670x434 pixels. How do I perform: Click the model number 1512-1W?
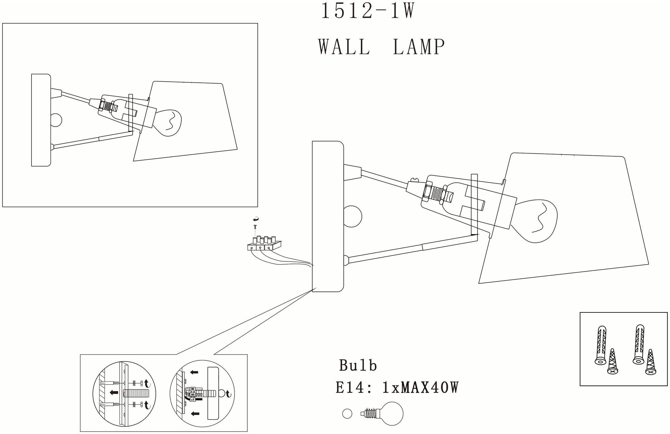pos(368,11)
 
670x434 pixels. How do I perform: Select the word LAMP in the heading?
pos(418,47)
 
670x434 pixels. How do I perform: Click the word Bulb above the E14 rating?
pos(358,365)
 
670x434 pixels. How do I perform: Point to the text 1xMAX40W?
pos(420,388)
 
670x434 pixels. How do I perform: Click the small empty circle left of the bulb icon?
pos(347,414)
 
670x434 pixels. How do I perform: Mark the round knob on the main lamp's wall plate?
pos(353,217)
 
